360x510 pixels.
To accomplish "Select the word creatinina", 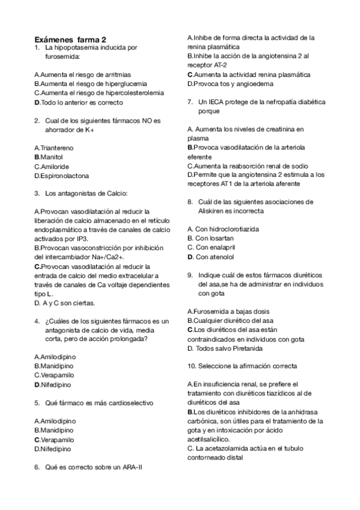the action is click(282, 129).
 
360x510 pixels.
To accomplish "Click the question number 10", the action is click(193, 366).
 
